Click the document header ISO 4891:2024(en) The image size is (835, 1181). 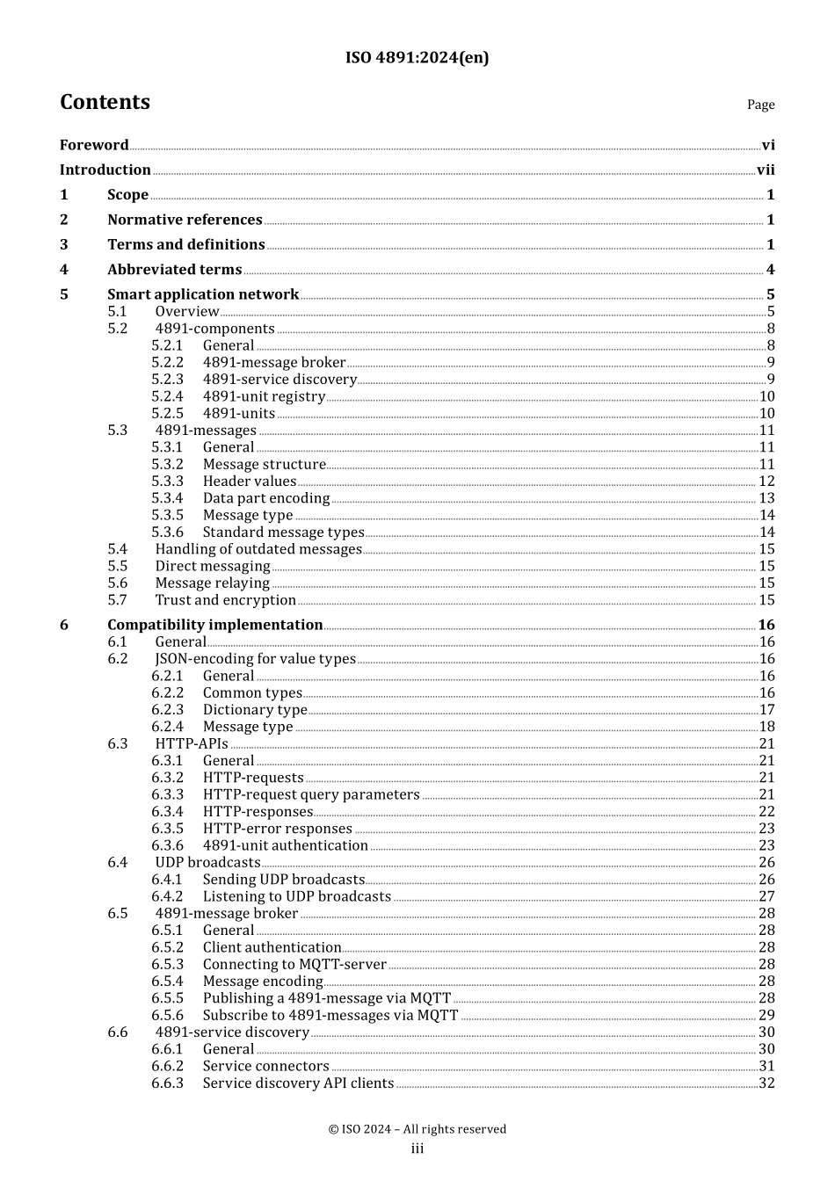(417, 58)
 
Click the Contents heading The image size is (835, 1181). (105, 102)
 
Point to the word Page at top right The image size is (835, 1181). (760, 105)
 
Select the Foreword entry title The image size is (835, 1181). (94, 145)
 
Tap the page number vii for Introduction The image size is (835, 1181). (766, 170)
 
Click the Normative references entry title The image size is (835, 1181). (185, 220)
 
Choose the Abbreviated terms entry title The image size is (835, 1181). (174, 270)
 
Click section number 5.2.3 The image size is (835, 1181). (167, 380)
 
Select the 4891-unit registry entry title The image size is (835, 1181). (264, 396)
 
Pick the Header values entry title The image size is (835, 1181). (250, 482)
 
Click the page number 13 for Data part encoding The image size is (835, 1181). (766, 498)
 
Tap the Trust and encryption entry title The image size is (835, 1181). (226, 600)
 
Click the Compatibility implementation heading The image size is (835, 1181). (215, 625)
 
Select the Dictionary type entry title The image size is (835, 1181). (255, 710)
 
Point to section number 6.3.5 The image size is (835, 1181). (167, 829)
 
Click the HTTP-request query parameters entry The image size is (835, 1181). (311, 794)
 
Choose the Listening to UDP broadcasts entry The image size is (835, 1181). (297, 896)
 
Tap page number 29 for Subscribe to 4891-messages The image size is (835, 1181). (766, 1015)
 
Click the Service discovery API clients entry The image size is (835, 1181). (298, 1083)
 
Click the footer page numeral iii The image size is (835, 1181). (417, 1148)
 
